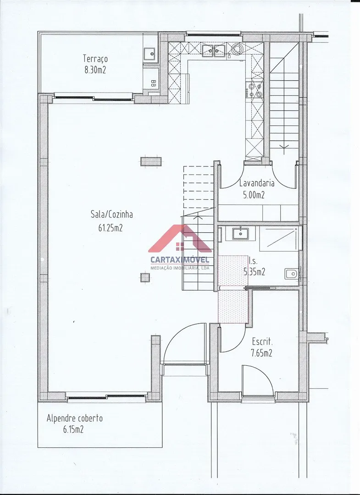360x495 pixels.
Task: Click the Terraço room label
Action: [95, 59]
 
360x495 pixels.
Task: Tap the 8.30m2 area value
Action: [95, 70]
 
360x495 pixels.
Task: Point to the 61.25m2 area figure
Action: [110, 227]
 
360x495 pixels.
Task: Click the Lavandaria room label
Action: [257, 183]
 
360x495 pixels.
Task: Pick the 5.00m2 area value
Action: [254, 195]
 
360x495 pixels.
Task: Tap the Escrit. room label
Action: [262, 341]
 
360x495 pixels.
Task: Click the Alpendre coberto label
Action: [75, 418]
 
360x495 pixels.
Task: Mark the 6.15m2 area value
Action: [73, 429]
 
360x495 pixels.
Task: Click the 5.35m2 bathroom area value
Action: [254, 271]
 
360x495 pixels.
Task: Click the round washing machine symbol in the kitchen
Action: [236, 49]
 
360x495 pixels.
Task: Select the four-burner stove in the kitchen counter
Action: [255, 89]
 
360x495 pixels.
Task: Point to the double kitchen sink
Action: [214, 50]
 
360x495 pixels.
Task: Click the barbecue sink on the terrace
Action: [150, 54]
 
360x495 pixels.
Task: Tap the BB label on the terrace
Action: [154, 83]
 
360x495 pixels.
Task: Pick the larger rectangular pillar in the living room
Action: [151, 161]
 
